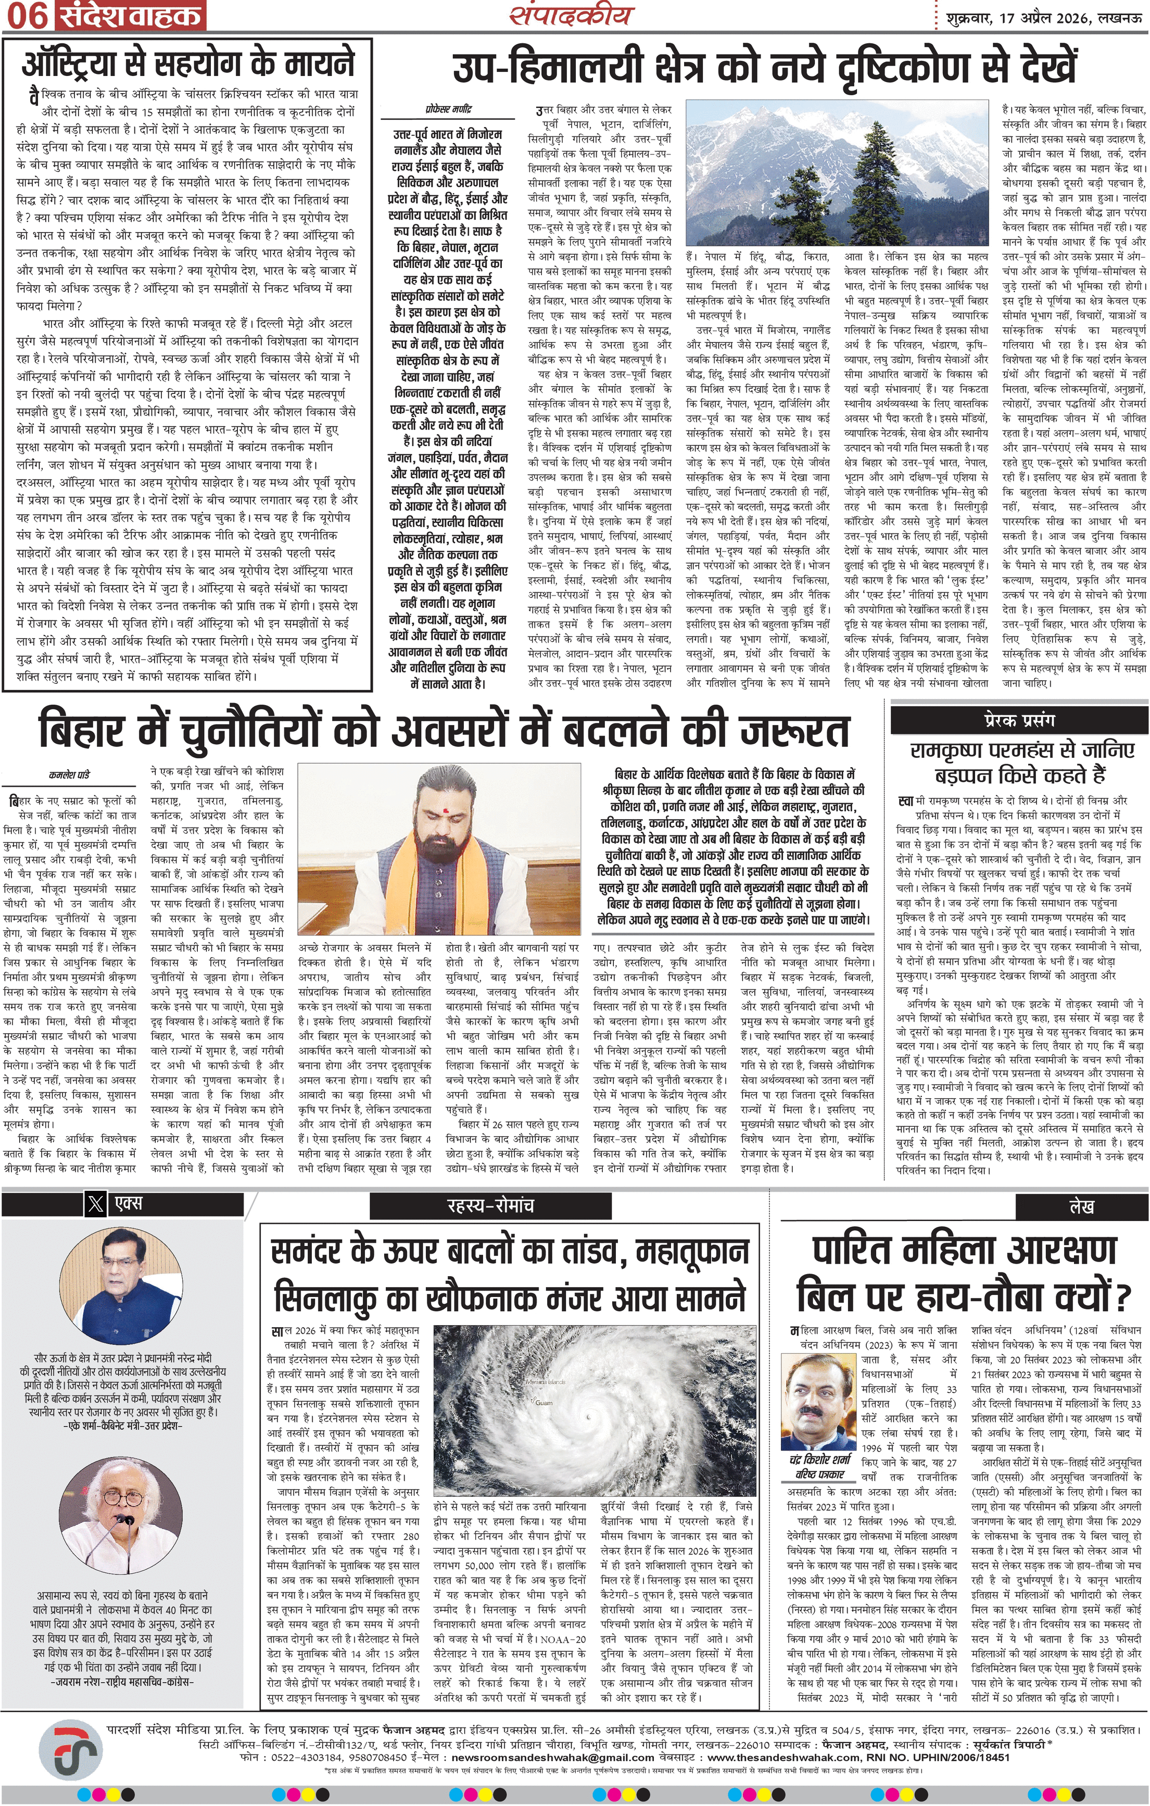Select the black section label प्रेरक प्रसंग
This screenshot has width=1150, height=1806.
pos(1019,720)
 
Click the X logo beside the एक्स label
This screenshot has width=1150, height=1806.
pos(95,1204)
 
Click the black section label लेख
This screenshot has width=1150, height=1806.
pos(1082,1205)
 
